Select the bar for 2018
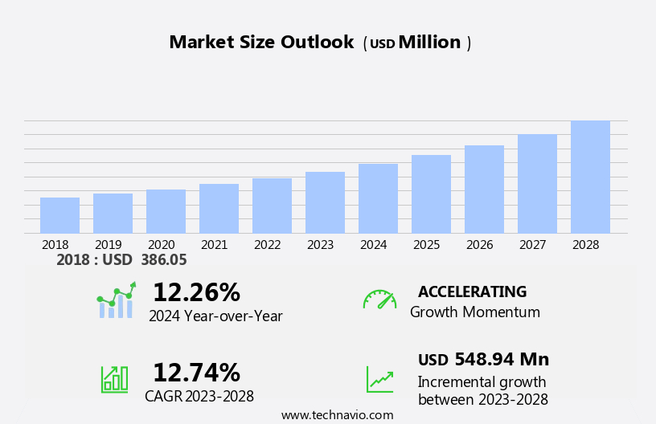pos(59,215)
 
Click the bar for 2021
pos(219,209)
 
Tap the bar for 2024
pos(378,198)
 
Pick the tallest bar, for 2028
pos(590,177)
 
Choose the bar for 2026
pos(484,190)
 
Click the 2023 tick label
pos(320,245)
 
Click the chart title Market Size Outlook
pos(261,43)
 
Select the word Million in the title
pos(429,43)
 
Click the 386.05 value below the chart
pos(163,260)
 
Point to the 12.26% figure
pos(196,292)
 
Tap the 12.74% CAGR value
pos(196,373)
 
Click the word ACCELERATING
pos(472,292)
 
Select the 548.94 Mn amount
pos(502,360)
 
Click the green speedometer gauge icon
pos(379,300)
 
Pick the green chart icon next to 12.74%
pos(114,378)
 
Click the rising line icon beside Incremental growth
pos(379,379)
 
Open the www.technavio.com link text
pos(337,415)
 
